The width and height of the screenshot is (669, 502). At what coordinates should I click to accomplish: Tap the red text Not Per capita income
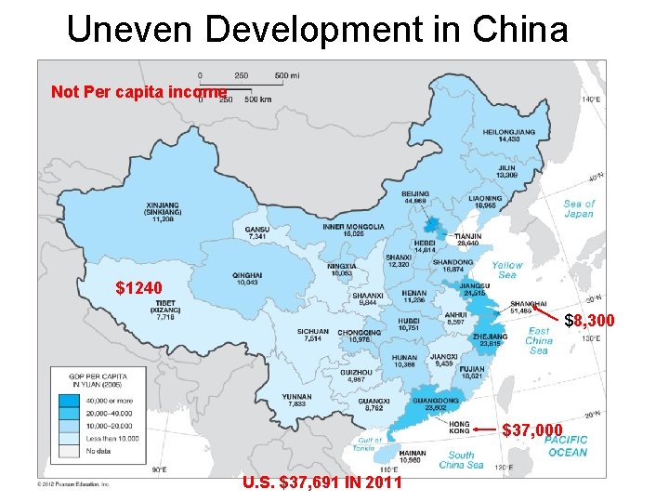pyautogui.click(x=138, y=92)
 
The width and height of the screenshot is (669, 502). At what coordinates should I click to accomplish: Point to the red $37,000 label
pyautogui.click(x=532, y=429)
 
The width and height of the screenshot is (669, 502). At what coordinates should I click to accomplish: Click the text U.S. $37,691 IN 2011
pyautogui.click(x=321, y=482)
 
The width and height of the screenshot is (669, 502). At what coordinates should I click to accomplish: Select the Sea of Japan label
pyautogui.click(x=578, y=209)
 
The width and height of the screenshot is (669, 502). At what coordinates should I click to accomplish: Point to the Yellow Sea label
pyautogui.click(x=507, y=270)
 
